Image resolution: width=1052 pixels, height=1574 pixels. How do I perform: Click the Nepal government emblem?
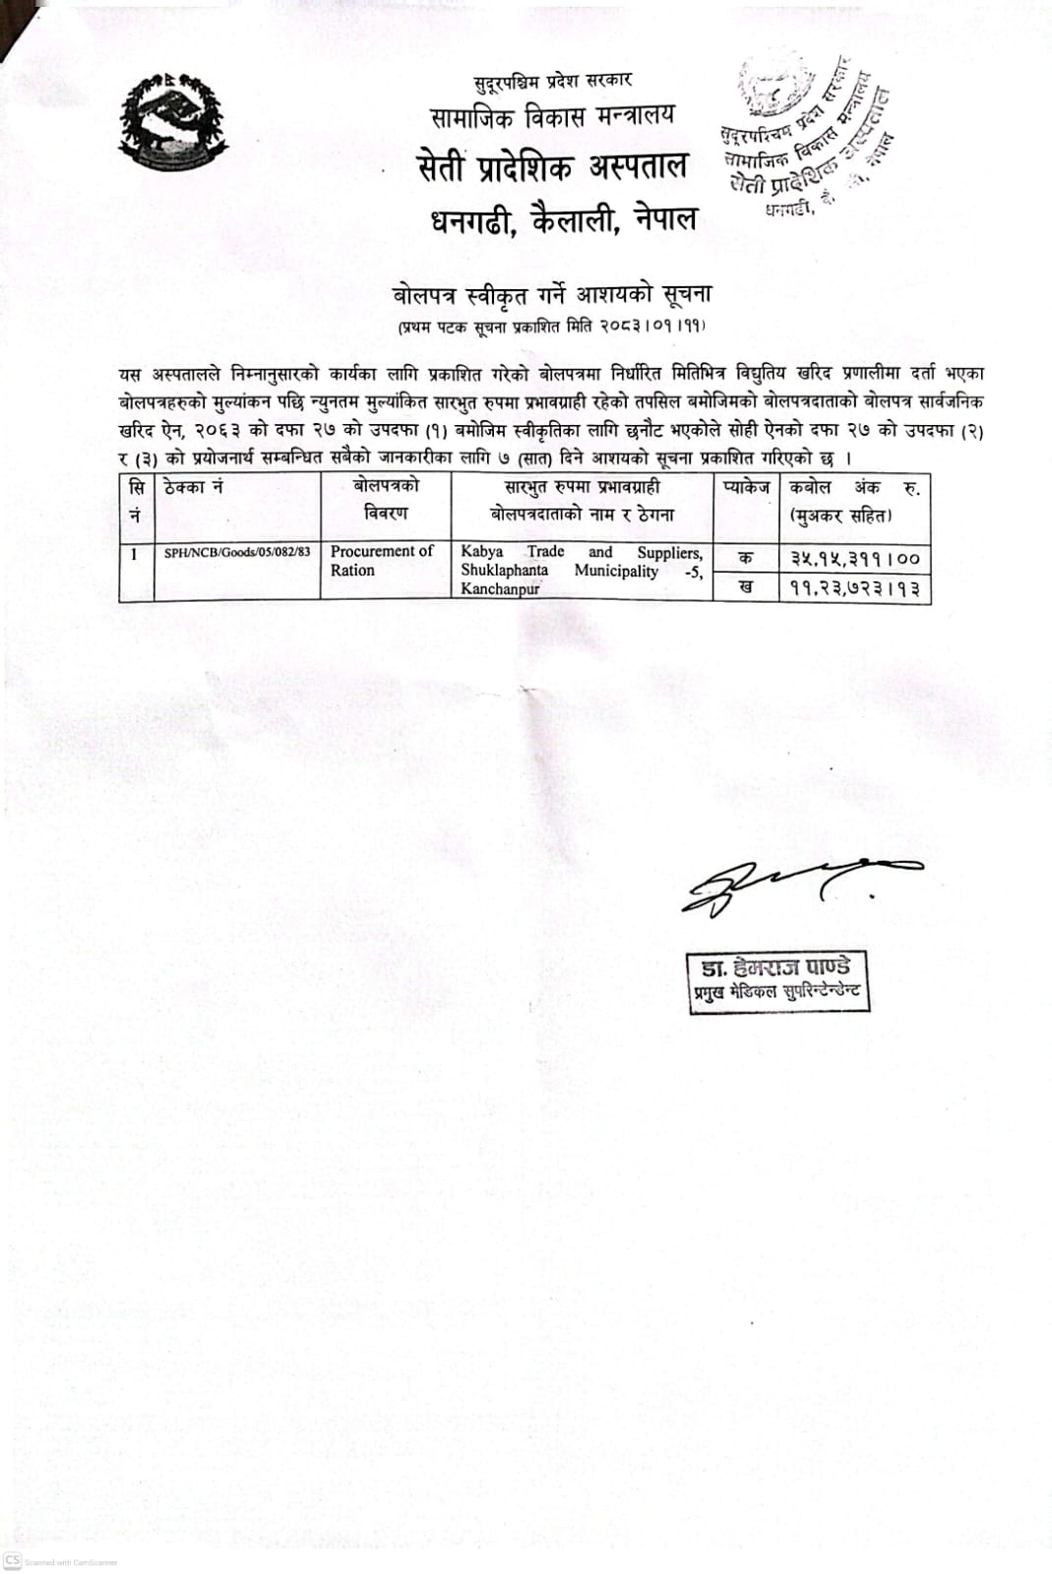click(x=173, y=123)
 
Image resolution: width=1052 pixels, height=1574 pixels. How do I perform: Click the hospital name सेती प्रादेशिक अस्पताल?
click(x=551, y=167)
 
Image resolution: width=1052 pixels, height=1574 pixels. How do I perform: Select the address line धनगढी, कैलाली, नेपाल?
click(x=563, y=218)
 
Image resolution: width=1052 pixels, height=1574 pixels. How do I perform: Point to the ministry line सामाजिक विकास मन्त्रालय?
click(x=553, y=116)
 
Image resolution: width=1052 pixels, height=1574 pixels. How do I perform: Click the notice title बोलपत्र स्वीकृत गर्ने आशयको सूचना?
click(x=551, y=293)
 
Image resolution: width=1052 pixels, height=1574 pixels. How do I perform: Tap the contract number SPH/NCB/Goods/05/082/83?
click(x=237, y=553)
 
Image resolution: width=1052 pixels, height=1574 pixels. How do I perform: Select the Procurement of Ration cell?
click(x=382, y=561)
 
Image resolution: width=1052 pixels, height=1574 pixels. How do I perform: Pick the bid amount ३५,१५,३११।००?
click(x=854, y=559)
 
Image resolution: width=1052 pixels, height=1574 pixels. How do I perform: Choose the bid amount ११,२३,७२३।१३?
click(x=854, y=588)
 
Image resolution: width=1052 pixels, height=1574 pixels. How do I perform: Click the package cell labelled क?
click(x=746, y=558)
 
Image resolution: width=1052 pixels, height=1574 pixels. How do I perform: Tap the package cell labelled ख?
click(x=746, y=587)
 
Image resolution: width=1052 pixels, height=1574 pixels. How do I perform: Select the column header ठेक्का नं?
click(x=198, y=487)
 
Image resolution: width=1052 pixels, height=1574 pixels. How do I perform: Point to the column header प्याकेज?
click(x=746, y=487)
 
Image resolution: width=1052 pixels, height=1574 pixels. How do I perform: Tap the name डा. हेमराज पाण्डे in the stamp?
click(x=777, y=968)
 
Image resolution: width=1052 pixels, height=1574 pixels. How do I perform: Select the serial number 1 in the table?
click(x=134, y=554)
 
